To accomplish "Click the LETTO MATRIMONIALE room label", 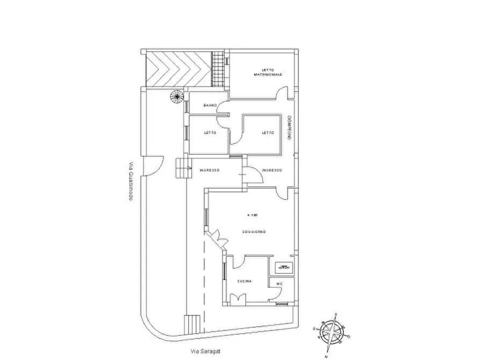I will click(268, 73).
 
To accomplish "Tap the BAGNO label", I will click(210, 105).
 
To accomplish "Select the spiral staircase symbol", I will click(176, 97).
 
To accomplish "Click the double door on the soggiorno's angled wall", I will click(218, 236).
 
